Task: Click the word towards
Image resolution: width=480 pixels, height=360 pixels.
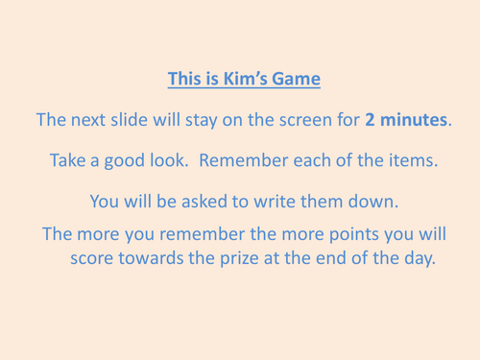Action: click(156, 259)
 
